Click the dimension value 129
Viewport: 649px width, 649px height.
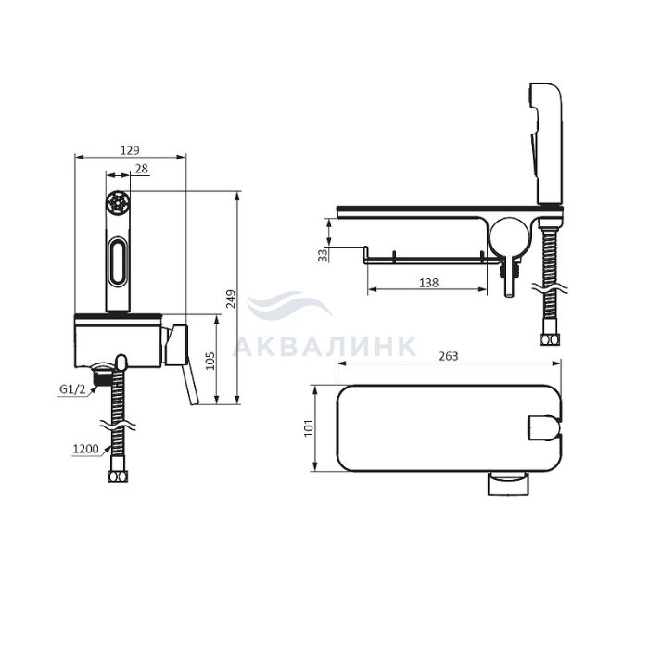pos(130,150)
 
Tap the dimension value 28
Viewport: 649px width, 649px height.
pos(141,169)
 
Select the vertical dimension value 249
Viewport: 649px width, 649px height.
pos(231,299)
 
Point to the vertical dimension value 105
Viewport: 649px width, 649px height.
pos(210,361)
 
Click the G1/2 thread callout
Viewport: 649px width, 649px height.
pos(72,389)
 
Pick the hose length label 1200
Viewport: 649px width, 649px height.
pos(85,449)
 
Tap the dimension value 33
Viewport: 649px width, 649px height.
pos(324,255)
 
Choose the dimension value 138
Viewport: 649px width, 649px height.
pos(428,283)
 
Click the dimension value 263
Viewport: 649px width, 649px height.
pos(448,356)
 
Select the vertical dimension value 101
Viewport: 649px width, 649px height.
pos(309,428)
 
